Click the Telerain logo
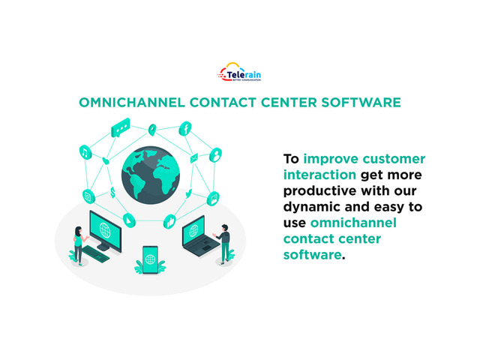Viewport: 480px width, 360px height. pos(239,72)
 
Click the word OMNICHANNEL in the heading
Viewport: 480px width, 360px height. pos(132,103)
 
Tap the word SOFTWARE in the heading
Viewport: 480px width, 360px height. pos(361,103)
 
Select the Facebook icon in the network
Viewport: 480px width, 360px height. pos(185,128)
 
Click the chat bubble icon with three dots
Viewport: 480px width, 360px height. pos(121,127)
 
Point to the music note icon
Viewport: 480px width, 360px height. pos(85,152)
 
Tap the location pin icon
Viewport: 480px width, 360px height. pos(152,130)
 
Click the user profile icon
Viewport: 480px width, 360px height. pos(215,155)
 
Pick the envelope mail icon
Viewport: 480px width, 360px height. pos(194,158)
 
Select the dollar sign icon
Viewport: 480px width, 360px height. pos(112,192)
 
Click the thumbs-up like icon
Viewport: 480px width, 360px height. pos(170,221)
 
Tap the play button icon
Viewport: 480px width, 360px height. pos(129,220)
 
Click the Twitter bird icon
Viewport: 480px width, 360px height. pos(188,193)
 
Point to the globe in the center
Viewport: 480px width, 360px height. pos(151,175)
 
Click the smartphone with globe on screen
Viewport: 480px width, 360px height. pos(150,259)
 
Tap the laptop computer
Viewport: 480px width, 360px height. pos(199,236)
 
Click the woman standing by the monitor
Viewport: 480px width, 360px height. pos(79,246)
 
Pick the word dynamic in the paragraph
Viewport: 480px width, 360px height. pos(311,207)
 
